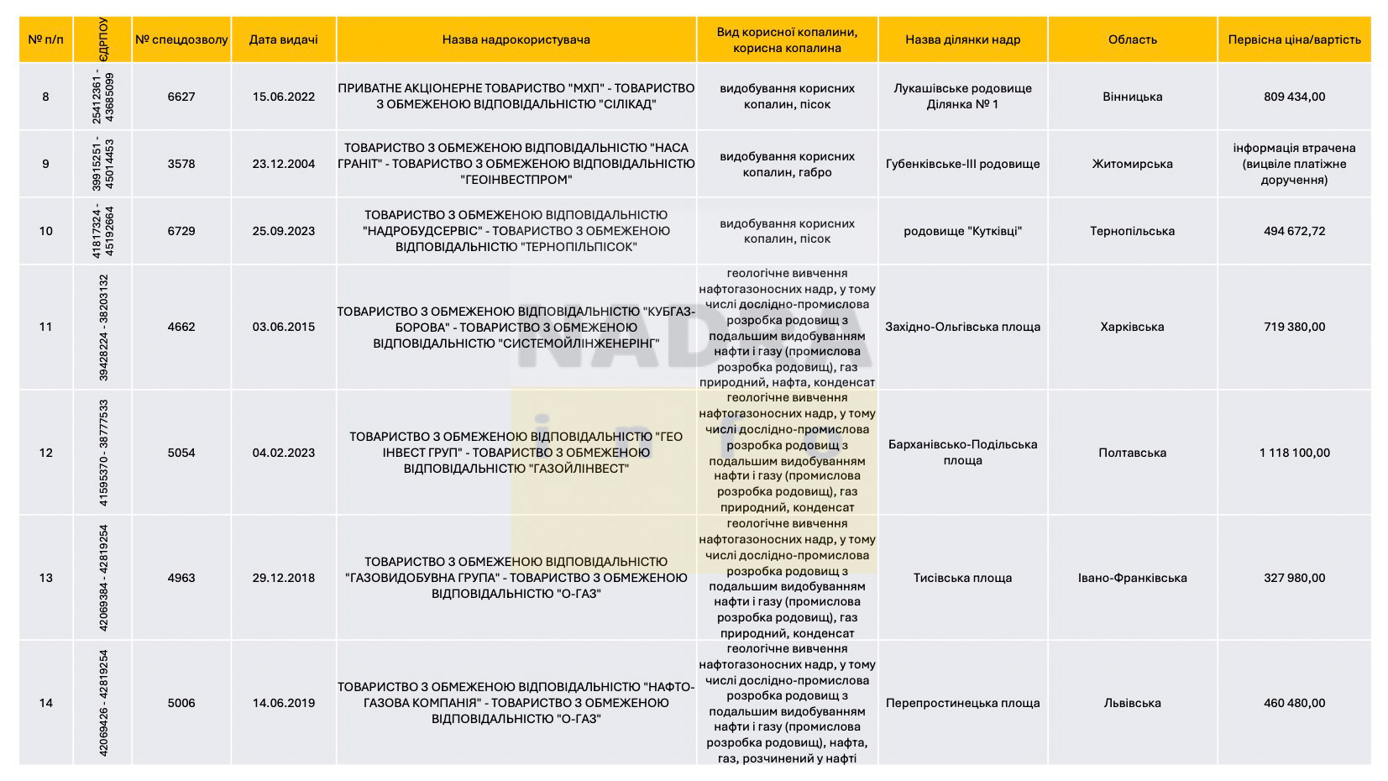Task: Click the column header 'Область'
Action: pos(1132,39)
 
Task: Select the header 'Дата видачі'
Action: pos(284,39)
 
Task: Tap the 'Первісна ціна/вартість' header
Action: pos(1294,39)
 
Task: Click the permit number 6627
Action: pos(181,97)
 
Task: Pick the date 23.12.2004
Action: pos(284,164)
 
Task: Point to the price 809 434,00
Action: pos(1294,97)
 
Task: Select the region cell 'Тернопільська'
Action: pos(1132,231)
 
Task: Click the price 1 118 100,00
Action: pos(1294,453)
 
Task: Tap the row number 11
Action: pos(45,327)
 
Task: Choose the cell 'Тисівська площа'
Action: pos(962,578)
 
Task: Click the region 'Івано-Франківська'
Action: pos(1132,578)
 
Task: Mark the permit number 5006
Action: pos(181,703)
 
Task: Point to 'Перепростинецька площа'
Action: pos(962,703)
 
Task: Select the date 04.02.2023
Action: pos(284,453)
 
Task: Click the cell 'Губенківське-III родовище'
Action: pos(962,164)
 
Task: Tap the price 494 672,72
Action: pos(1294,231)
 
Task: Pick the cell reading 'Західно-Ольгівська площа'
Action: pos(962,327)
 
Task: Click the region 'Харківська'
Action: pos(1132,327)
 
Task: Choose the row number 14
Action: pos(45,703)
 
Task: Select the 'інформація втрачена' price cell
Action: pos(1294,164)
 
